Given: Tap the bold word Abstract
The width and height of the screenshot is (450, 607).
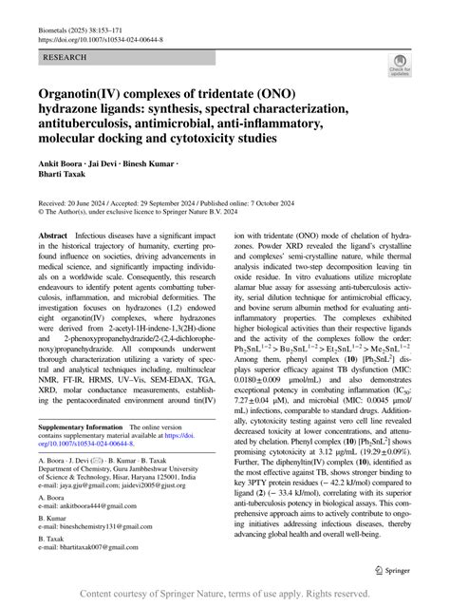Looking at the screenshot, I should point(53,234).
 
